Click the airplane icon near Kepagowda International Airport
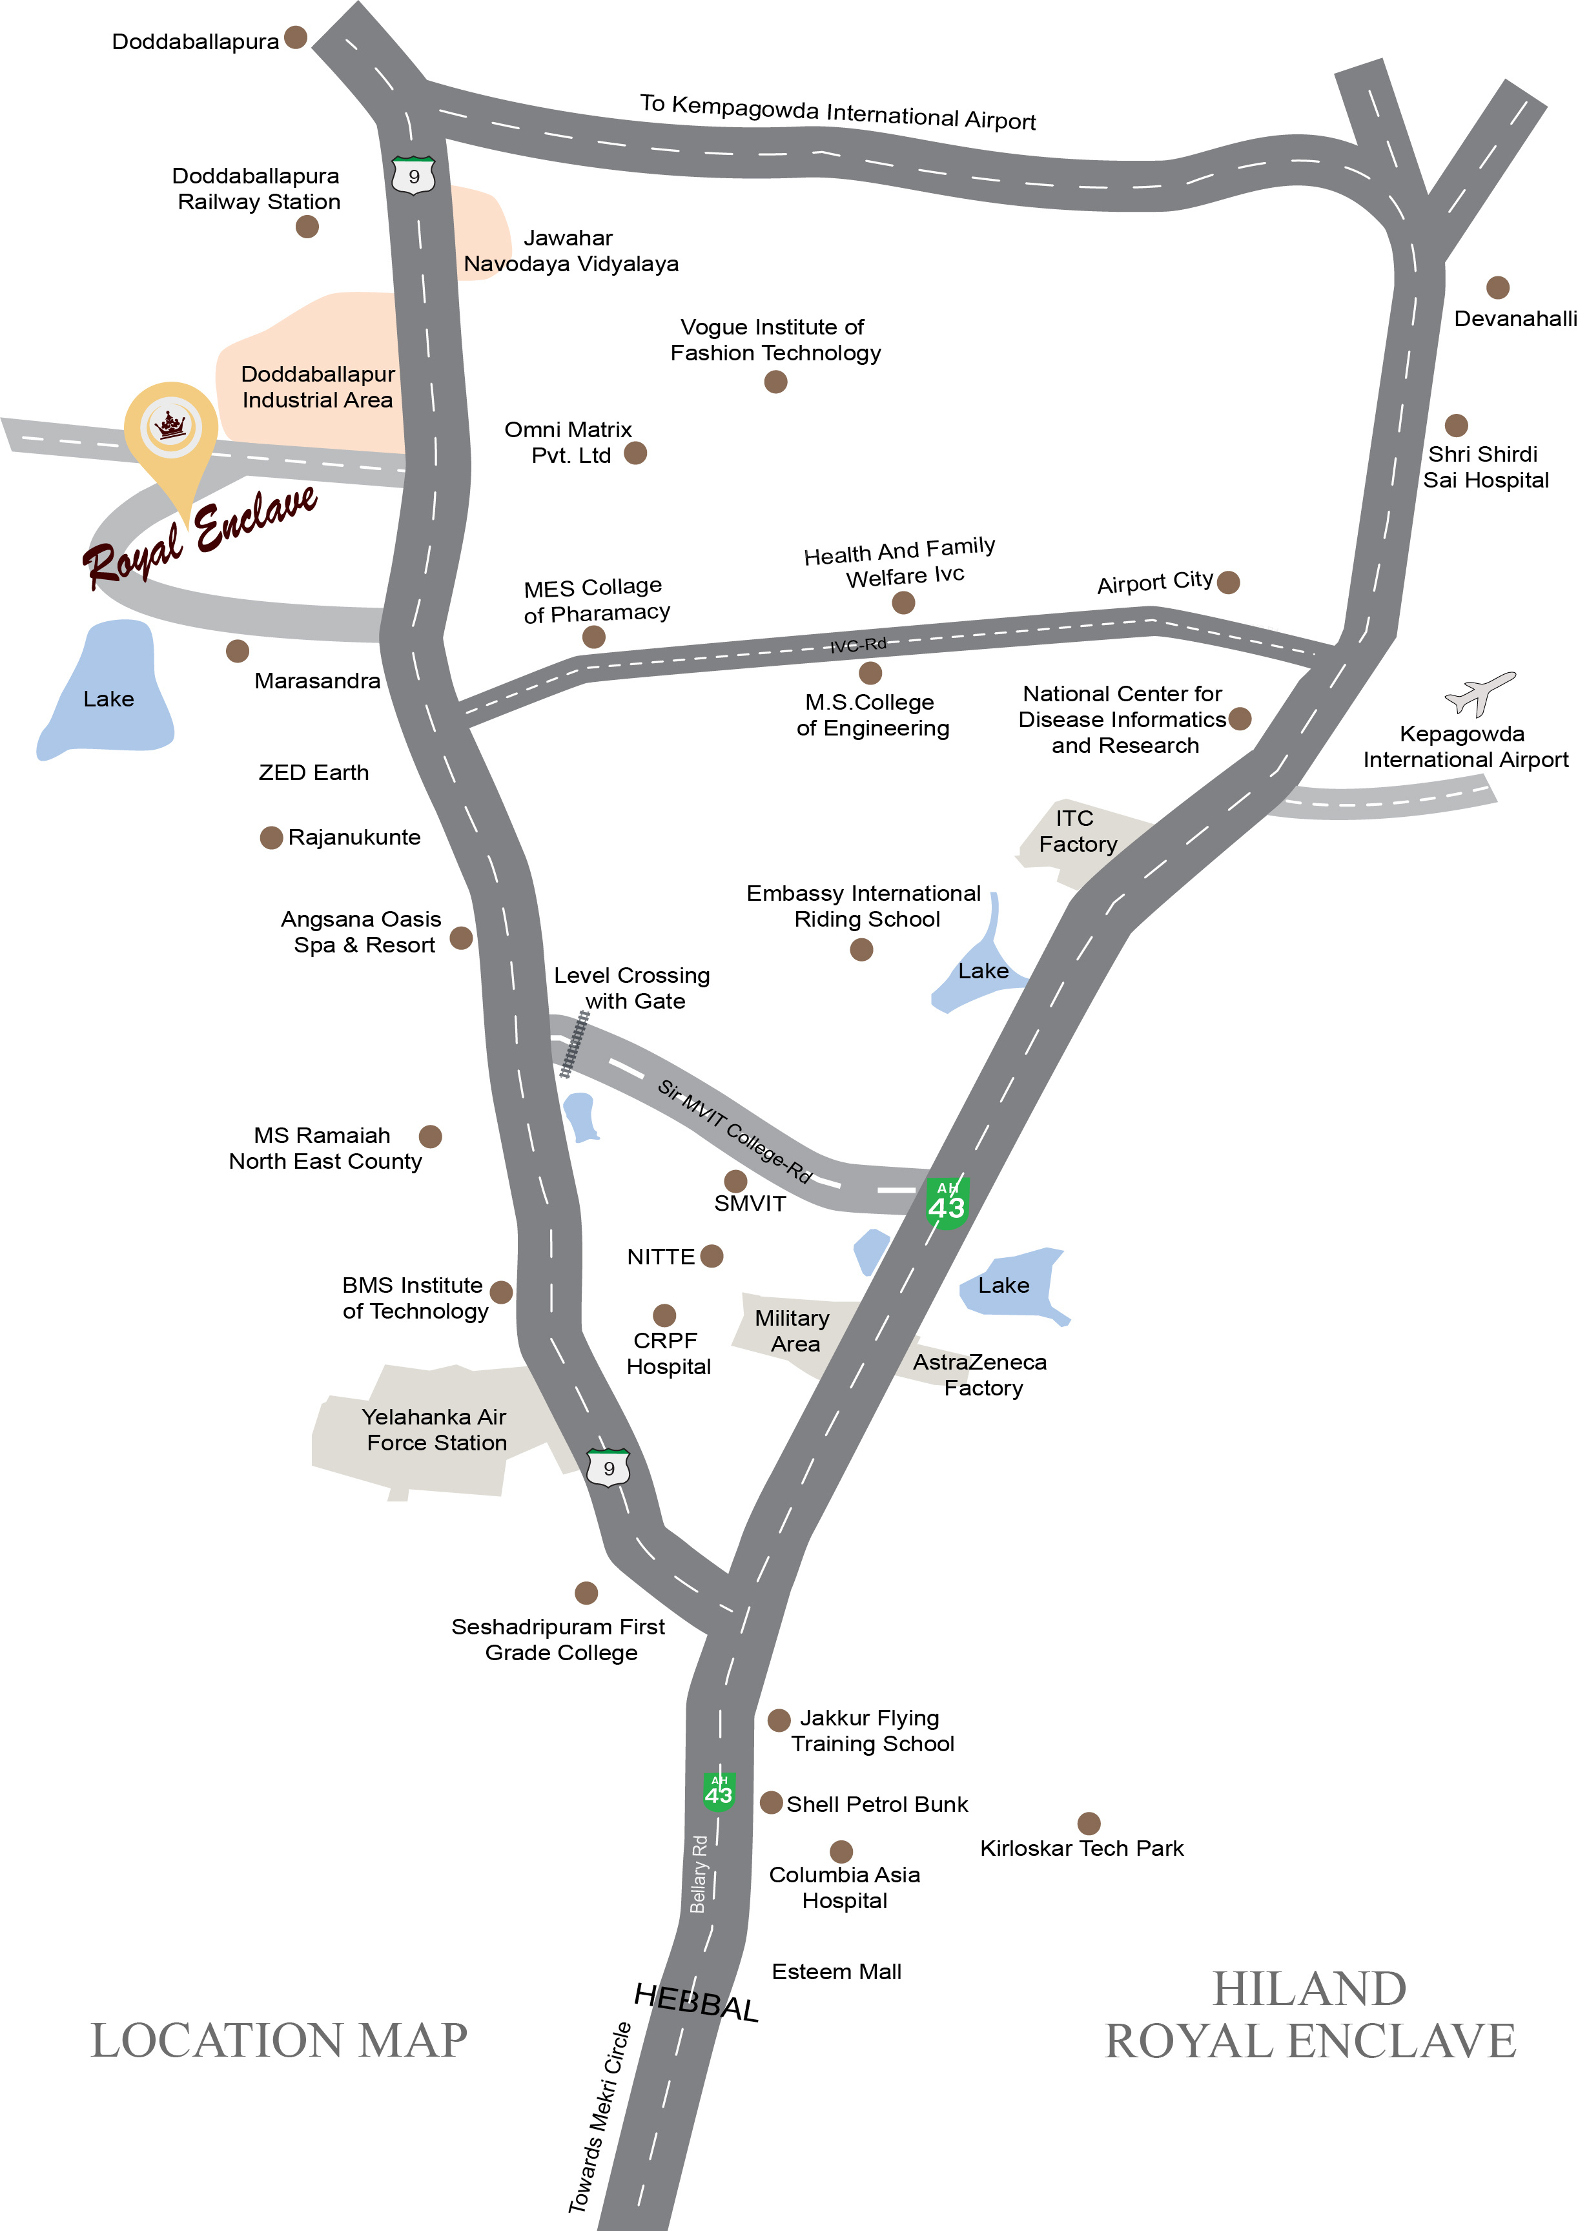pos(1479,693)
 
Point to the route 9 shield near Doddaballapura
pos(413,176)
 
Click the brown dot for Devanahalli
pos(1497,287)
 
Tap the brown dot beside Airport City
pos(1228,582)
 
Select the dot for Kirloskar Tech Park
pos(1089,1823)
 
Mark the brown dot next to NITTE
pos(712,1257)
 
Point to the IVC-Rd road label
pos(858,645)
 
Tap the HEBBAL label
pos(696,2002)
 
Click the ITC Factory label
pos(1078,831)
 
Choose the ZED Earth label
pos(314,772)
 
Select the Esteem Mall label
pos(837,1971)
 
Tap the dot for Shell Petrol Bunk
pos(772,1802)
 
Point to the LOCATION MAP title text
pos(279,2041)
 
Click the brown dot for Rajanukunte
pos(271,838)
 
